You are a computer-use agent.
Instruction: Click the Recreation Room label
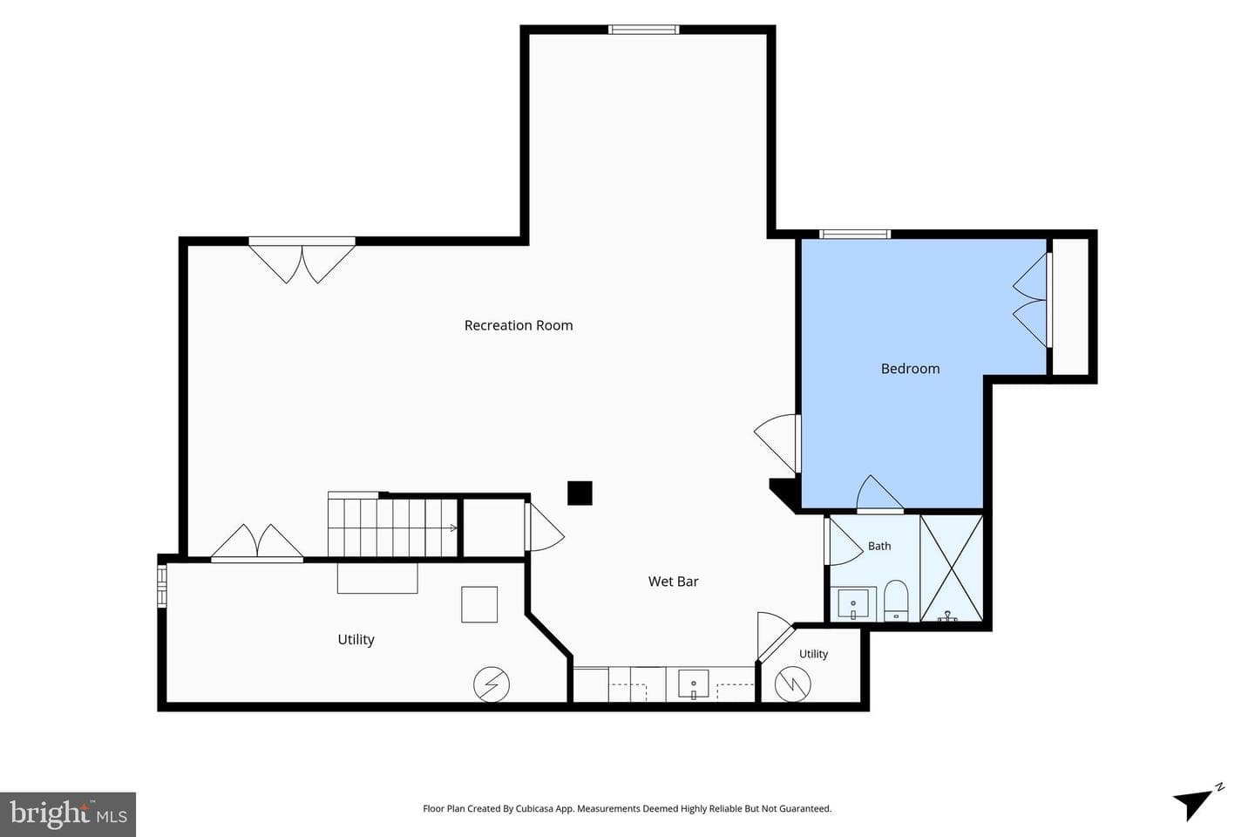coord(519,325)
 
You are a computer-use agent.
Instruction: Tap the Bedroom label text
coord(910,368)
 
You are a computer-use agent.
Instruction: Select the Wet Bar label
coord(673,582)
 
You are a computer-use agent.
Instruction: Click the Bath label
coord(879,546)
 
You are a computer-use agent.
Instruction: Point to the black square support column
coord(580,493)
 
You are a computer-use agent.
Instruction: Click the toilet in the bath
coord(896,601)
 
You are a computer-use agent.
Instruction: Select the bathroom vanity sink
coord(852,604)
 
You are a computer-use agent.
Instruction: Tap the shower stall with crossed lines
coord(952,568)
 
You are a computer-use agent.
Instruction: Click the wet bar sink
coord(694,684)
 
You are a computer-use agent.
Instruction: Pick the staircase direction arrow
coord(453,528)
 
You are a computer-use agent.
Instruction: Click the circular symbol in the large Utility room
coord(492,684)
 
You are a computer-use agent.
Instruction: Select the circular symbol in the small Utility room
coord(793,684)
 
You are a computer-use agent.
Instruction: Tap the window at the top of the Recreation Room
coord(644,30)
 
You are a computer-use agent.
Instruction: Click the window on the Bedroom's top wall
coord(855,235)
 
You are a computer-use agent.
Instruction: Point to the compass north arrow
coord(1195,805)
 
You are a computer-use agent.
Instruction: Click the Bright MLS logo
coord(68,814)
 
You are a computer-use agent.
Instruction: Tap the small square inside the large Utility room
coord(479,604)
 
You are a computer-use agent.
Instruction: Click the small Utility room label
coord(813,654)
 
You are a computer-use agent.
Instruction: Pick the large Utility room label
coord(356,640)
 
